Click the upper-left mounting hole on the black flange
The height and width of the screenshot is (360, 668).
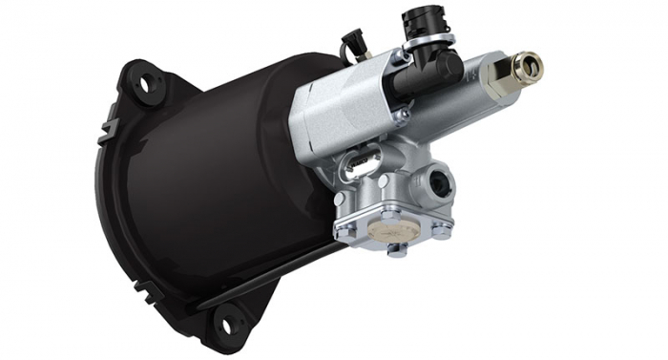pyautogui.click(x=147, y=83)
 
